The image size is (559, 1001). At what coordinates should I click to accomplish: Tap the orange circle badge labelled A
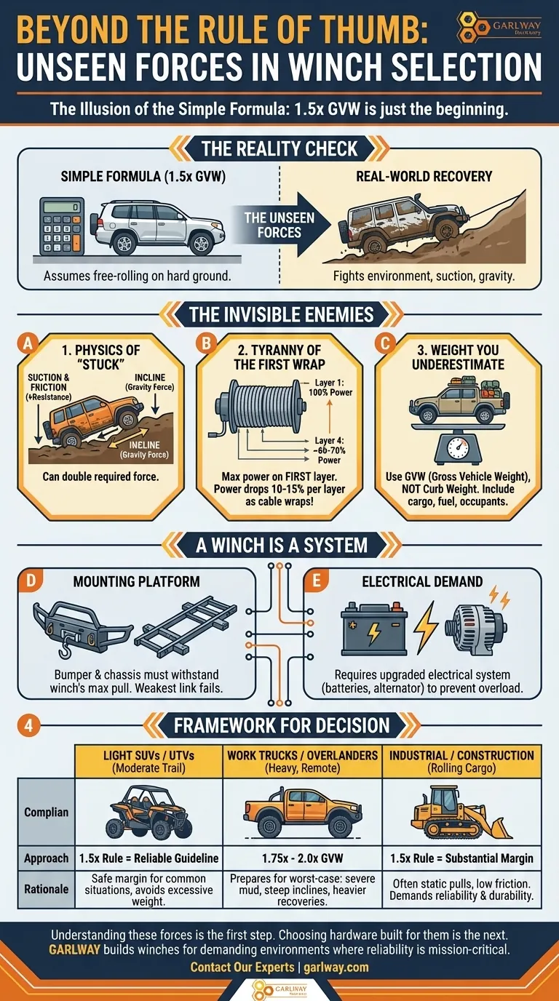(28, 343)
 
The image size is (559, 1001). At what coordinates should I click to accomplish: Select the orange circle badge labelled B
(206, 343)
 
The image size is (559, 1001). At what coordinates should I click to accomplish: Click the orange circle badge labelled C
(385, 343)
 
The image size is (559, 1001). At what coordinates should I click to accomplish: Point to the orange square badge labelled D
(31, 580)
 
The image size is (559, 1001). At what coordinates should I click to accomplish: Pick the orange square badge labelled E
(316, 580)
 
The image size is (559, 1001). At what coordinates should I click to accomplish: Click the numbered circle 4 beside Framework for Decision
(28, 725)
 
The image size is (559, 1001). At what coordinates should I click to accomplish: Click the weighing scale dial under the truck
(458, 447)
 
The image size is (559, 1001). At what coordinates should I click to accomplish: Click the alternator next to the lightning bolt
(476, 625)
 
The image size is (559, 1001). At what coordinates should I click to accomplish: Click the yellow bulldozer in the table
(461, 813)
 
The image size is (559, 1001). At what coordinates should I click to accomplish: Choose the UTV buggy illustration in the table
(149, 813)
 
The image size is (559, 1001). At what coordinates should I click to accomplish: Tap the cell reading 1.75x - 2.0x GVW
(302, 858)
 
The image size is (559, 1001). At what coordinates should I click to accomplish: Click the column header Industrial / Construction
(461, 761)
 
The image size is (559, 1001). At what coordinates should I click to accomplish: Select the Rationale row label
(46, 889)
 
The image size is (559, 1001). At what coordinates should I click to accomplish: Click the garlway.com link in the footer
(336, 968)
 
